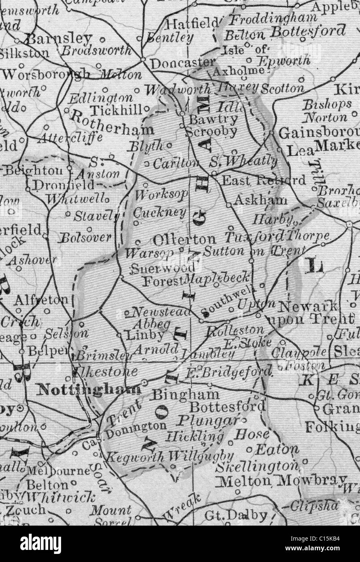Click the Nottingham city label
89,389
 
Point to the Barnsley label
59,39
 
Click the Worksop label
161,194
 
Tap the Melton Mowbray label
281,481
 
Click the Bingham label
186,394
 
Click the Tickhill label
116,110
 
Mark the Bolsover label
85,237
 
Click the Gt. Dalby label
236,516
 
